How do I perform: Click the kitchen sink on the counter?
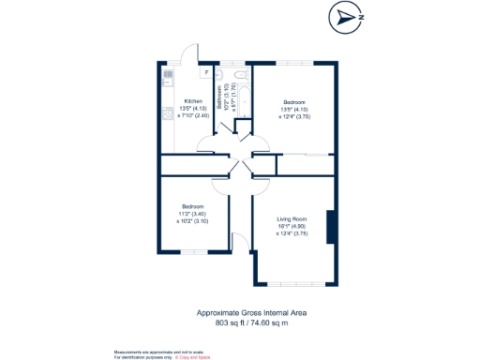point(167,74)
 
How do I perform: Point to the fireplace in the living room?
point(330,228)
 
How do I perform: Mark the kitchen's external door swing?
point(190,54)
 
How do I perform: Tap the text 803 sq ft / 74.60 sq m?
point(251,322)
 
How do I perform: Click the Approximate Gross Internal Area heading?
point(251,313)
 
